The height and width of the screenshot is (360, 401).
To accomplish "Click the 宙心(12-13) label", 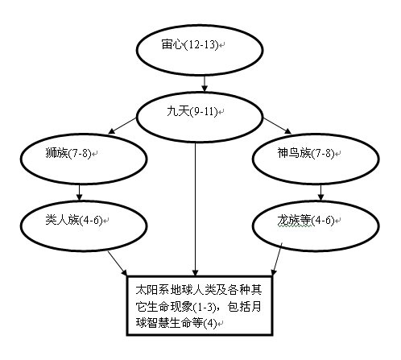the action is pos(190,44).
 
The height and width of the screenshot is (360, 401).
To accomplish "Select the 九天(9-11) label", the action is pos(192,111).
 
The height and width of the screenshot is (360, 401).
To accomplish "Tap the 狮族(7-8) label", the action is pos(68,153).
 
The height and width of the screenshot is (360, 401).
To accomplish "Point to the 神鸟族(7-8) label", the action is pos(306,153).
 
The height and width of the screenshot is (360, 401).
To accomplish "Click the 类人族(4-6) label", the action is pos(74,220).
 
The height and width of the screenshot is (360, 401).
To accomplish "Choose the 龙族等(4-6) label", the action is pos(306,220).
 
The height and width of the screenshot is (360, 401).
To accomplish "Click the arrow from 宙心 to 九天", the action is pos(205,84).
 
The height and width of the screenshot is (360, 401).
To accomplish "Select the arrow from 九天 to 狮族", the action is pos(122,126).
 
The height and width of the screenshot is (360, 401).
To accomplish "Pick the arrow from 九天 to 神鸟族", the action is pos(277,126).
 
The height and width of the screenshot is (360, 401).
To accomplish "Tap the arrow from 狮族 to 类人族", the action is pos(79,192).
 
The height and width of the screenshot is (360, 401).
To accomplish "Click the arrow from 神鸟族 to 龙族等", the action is pos(321,192).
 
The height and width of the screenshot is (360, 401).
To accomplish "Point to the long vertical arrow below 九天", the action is pos(196,209).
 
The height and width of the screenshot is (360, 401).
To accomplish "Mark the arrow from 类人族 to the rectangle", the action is pos(118,263).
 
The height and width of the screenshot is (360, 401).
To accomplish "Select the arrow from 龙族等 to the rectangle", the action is pos(277,259).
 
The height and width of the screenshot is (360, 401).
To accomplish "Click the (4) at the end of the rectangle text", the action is pos(210,323).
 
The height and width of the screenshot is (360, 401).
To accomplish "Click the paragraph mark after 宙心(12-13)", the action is pos(221,45).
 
